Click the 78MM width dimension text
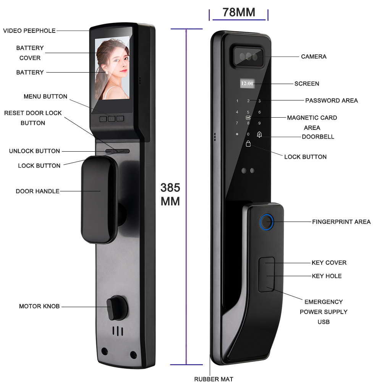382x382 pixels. click(239, 12)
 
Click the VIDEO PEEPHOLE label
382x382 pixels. click(29, 31)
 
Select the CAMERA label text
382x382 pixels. click(314, 57)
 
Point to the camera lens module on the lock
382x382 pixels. click(248, 56)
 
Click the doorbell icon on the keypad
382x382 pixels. click(259, 134)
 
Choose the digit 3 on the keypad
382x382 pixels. click(259, 101)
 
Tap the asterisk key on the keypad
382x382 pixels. click(237, 134)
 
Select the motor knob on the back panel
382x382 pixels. click(115, 308)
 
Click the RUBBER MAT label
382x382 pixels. click(214, 379)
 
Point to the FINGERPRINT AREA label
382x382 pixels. click(341, 222)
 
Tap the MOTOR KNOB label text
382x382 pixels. click(39, 306)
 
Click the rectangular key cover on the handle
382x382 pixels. click(266, 274)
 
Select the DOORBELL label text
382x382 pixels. click(318, 137)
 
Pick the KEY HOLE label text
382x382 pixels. click(327, 276)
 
